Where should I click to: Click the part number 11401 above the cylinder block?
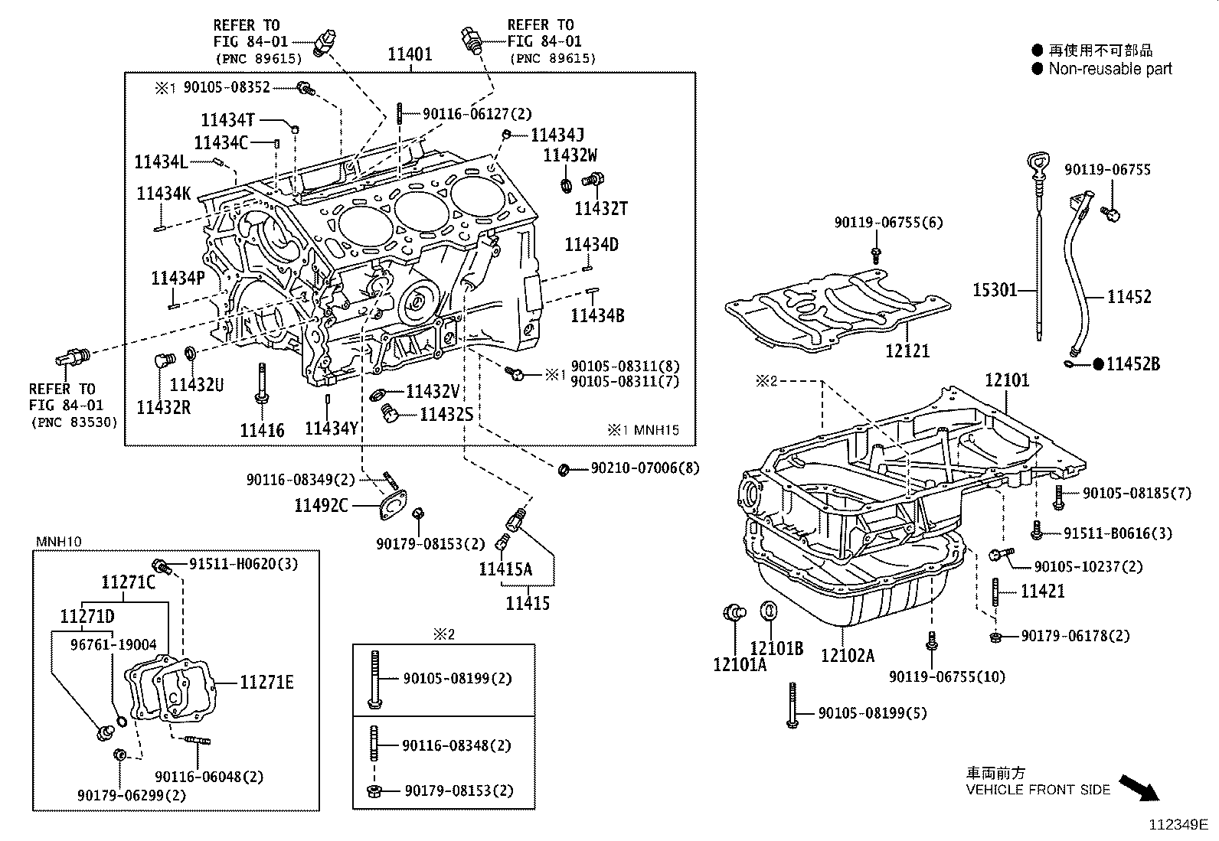410,54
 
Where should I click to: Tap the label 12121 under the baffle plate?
907,350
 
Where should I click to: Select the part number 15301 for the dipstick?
995,290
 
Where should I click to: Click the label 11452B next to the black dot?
1133,364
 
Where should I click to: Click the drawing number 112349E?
1177,825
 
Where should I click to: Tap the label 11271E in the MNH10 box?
266,682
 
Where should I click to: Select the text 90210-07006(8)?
645,468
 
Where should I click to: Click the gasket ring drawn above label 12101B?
769,611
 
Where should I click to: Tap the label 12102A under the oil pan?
848,655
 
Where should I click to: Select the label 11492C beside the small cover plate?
322,505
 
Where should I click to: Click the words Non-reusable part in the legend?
1110,69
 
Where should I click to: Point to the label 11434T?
227,119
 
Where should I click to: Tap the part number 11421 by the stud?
1043,591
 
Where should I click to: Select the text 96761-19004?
113,644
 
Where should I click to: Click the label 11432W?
570,155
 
